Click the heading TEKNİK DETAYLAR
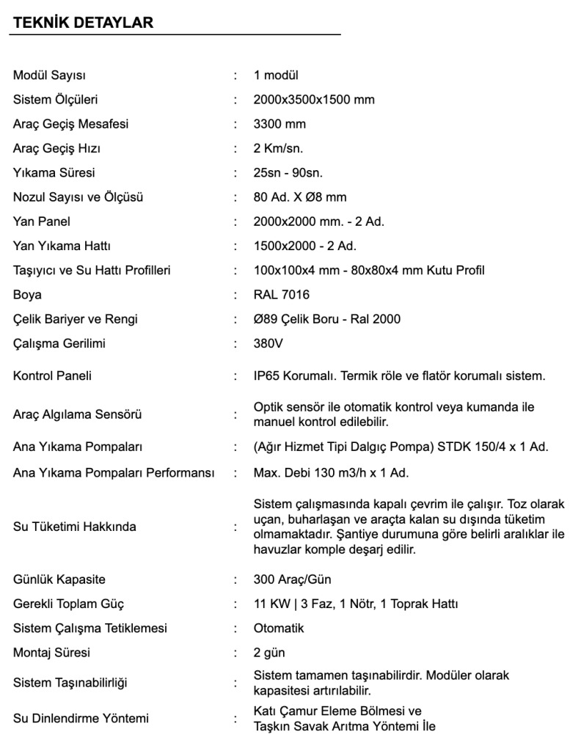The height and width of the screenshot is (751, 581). (x=83, y=23)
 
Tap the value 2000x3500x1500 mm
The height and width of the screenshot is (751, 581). (x=314, y=100)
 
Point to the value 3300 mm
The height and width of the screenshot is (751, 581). (x=279, y=124)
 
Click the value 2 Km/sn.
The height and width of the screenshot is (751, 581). (x=278, y=148)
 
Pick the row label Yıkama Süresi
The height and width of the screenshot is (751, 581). (x=54, y=173)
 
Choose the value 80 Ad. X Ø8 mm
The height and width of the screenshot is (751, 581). (x=300, y=197)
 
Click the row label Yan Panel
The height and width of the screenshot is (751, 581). (x=42, y=221)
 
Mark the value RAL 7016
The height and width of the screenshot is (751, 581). (x=282, y=295)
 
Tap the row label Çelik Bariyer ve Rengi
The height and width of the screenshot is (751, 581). (x=76, y=319)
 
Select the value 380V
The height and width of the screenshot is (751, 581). (x=268, y=343)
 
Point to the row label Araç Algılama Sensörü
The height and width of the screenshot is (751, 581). (x=78, y=414)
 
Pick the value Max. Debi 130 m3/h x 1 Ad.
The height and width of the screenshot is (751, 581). (x=331, y=473)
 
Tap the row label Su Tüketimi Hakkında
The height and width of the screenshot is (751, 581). (x=75, y=527)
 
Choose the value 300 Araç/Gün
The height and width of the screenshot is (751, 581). (x=292, y=579)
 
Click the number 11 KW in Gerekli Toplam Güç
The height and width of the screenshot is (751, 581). (x=271, y=604)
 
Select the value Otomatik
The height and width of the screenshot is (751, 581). (x=279, y=629)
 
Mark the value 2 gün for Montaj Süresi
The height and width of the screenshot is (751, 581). (x=269, y=653)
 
